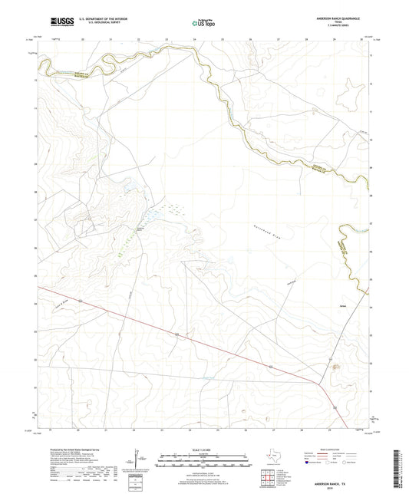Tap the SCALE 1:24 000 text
203,450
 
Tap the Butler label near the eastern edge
332,302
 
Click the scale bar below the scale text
203,461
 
